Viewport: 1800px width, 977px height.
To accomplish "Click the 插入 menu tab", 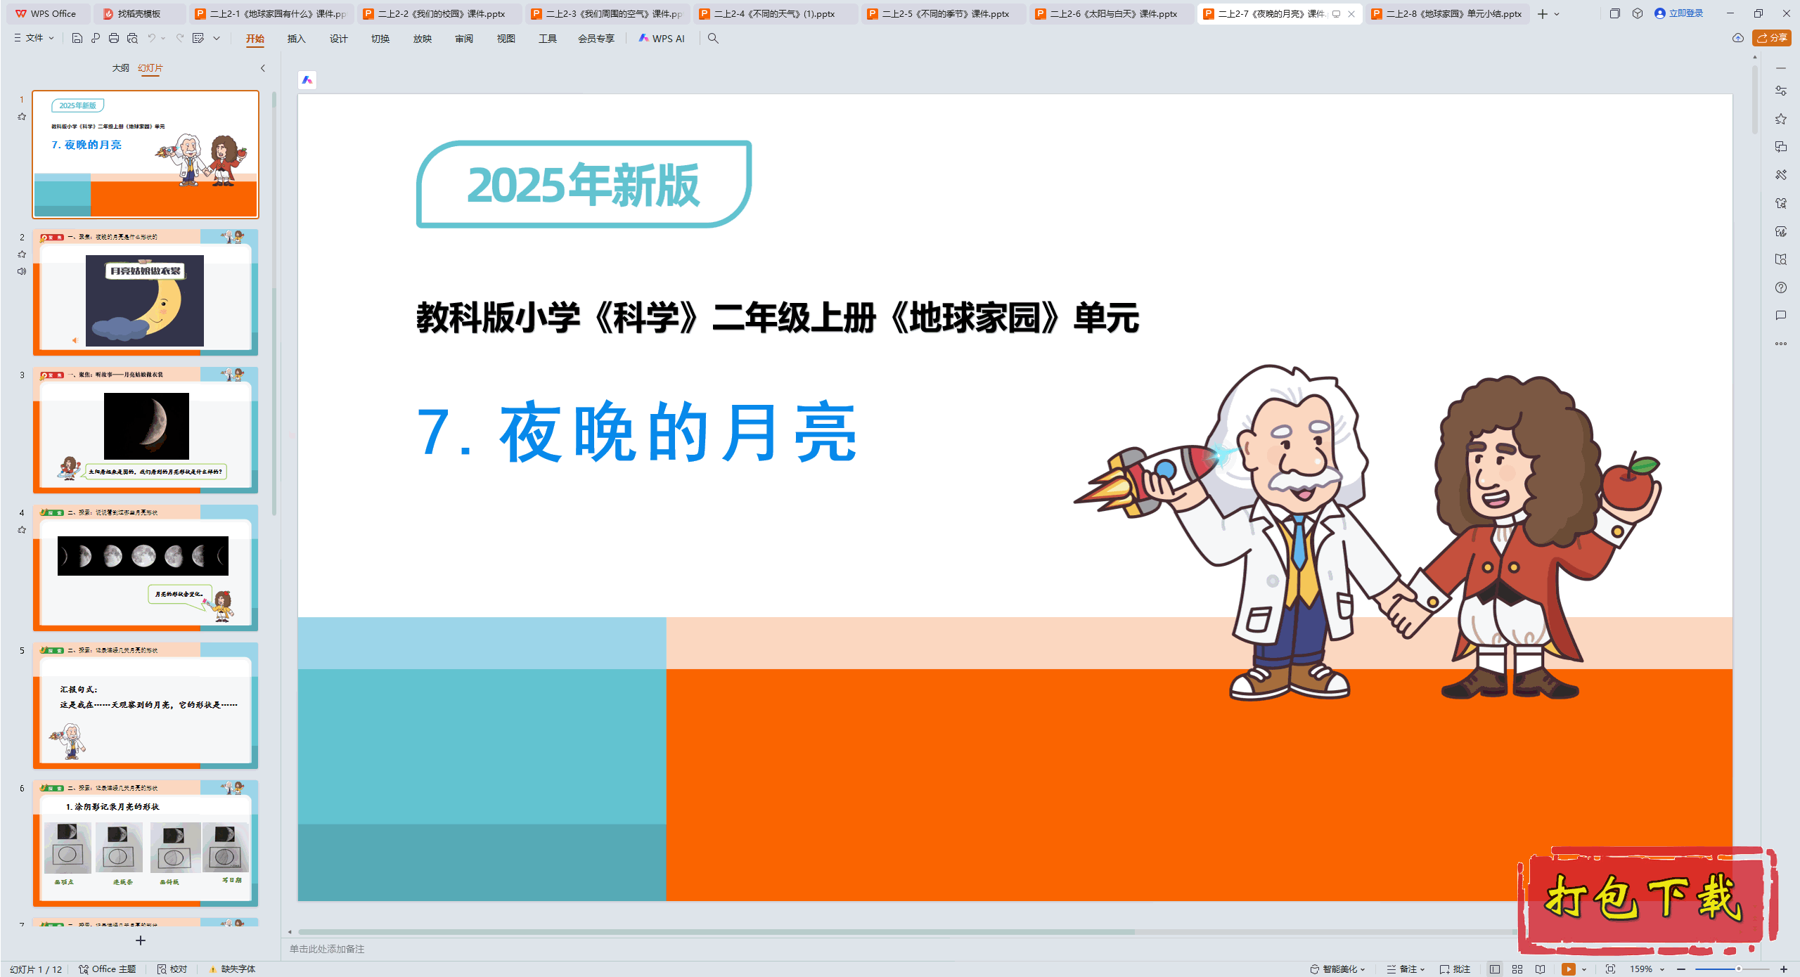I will point(296,39).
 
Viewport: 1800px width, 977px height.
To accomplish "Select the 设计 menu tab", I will point(338,39).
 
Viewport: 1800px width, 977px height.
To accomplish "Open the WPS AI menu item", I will point(662,39).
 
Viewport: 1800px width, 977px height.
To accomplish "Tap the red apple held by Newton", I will point(1628,482).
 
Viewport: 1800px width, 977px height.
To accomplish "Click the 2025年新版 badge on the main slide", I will point(584,185).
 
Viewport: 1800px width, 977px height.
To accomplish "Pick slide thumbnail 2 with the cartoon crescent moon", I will point(146,292).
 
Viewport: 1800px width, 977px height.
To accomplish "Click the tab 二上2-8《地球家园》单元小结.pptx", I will point(1453,13).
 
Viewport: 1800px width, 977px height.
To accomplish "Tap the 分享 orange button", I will point(1772,38).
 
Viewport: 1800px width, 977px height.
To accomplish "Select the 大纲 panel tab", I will point(120,68).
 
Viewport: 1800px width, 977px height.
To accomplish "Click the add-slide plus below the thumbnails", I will point(141,940).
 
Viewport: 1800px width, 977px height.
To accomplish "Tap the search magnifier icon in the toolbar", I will point(713,39).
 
